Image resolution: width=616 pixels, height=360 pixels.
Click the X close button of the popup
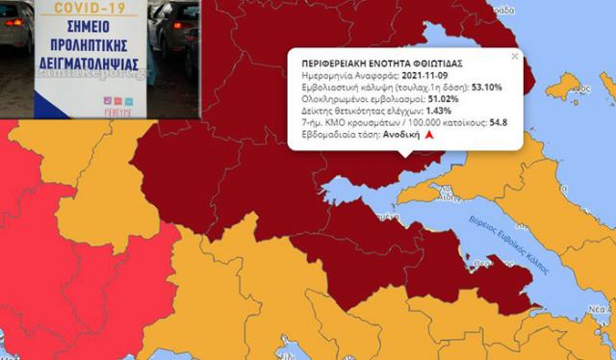click(514, 56)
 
